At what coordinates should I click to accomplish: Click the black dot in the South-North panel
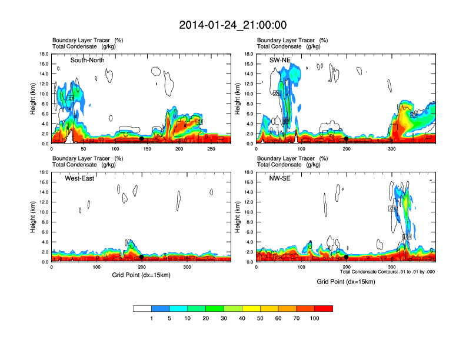coord(141,139)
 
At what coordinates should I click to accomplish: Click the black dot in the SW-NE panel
coord(347,139)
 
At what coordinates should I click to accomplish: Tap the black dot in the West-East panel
coord(141,257)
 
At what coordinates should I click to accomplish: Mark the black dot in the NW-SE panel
coord(347,257)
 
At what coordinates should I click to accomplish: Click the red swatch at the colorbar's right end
coord(324,308)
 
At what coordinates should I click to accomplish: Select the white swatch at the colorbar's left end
coord(142,308)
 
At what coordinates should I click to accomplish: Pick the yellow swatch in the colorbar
coord(251,308)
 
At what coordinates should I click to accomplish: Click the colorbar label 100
coord(315,319)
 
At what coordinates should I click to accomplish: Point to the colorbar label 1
coord(151,319)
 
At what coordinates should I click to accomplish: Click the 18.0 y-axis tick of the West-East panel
coord(43,172)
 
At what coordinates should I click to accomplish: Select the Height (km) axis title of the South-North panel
coord(32,99)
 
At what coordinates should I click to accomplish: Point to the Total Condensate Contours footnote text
coord(387,272)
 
